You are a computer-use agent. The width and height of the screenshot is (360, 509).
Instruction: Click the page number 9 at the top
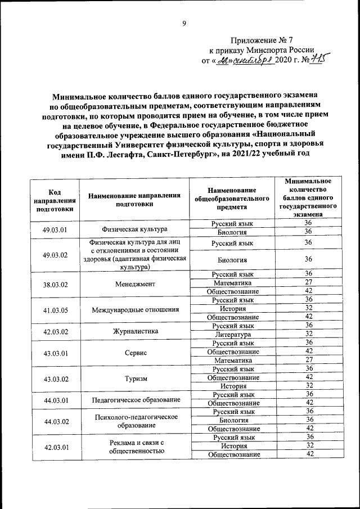[183, 23]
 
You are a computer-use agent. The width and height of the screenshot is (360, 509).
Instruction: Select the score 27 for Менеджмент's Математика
[308, 283]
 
